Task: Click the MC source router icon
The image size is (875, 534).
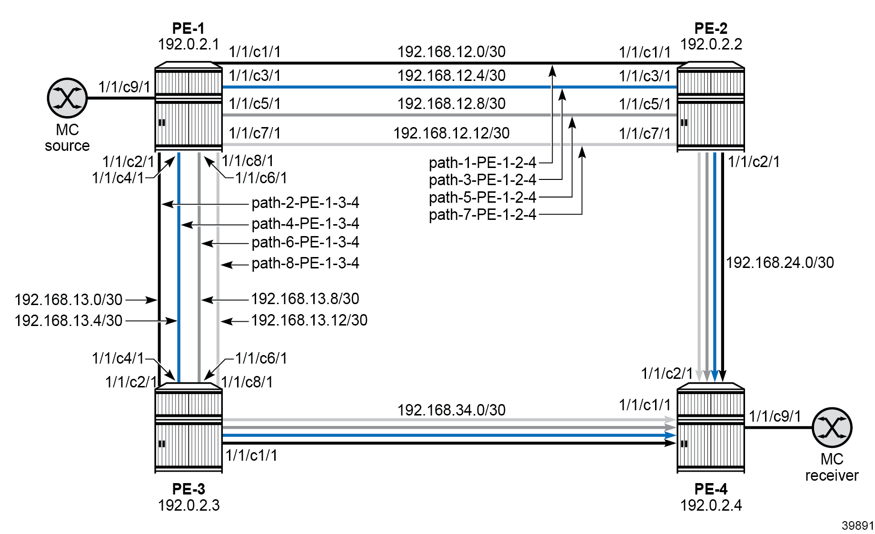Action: (x=67, y=98)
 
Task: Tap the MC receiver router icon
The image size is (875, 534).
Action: (x=832, y=427)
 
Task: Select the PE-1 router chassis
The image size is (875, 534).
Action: (x=189, y=107)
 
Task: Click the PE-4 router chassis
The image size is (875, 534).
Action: (x=710, y=428)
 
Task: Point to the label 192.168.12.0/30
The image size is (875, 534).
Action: (x=451, y=52)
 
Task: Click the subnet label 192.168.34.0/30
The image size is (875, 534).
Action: (x=451, y=410)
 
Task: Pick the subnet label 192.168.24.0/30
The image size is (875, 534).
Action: (x=780, y=263)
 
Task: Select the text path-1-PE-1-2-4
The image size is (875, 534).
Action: (x=482, y=163)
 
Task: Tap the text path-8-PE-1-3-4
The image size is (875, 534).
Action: (x=305, y=263)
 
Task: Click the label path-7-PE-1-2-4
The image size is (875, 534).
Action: (x=482, y=215)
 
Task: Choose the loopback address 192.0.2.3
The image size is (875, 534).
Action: (x=189, y=505)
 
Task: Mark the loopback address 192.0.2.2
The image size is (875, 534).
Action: (x=711, y=44)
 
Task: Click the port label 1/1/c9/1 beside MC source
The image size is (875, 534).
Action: (x=124, y=87)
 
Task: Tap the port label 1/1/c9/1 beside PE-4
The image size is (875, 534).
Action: (x=775, y=416)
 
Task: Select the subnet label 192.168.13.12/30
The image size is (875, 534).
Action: (x=309, y=320)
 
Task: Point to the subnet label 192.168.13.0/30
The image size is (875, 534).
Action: (x=69, y=300)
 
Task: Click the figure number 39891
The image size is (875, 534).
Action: (x=857, y=525)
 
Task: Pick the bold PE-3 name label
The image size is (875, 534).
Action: (x=189, y=489)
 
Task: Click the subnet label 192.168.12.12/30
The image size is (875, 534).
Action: (x=451, y=133)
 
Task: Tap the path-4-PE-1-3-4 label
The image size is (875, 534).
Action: (x=305, y=224)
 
